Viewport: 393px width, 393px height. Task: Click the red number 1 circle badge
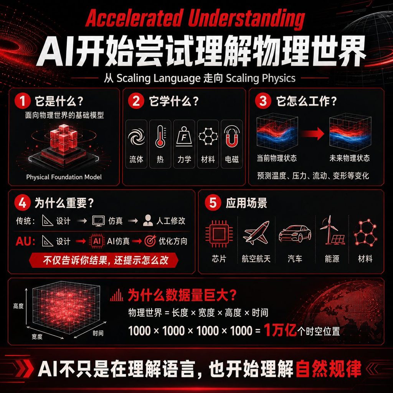click(x=23, y=101)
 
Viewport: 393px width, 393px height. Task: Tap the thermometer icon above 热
click(x=160, y=136)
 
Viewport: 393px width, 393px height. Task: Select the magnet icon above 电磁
click(x=232, y=136)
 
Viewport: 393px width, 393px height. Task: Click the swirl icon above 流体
click(x=136, y=137)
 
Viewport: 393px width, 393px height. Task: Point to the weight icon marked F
click(x=184, y=136)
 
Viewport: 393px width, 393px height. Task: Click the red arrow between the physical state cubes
click(x=313, y=134)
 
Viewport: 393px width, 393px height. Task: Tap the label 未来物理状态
click(x=350, y=158)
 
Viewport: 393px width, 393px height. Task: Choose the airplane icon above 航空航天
click(x=256, y=233)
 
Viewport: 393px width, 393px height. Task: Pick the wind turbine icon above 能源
click(x=332, y=230)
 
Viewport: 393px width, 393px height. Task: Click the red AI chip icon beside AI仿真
click(x=97, y=241)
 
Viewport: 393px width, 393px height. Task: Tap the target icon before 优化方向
click(x=150, y=241)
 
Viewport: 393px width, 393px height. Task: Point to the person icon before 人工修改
click(x=148, y=221)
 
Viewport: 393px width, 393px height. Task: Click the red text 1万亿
click(x=281, y=330)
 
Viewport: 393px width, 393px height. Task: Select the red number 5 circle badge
click(x=213, y=203)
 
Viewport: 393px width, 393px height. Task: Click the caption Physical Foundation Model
click(x=64, y=177)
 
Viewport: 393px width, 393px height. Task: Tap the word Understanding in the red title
click(x=246, y=18)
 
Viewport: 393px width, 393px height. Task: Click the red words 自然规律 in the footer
click(x=329, y=369)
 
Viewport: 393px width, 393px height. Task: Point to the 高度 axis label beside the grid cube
click(x=18, y=306)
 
